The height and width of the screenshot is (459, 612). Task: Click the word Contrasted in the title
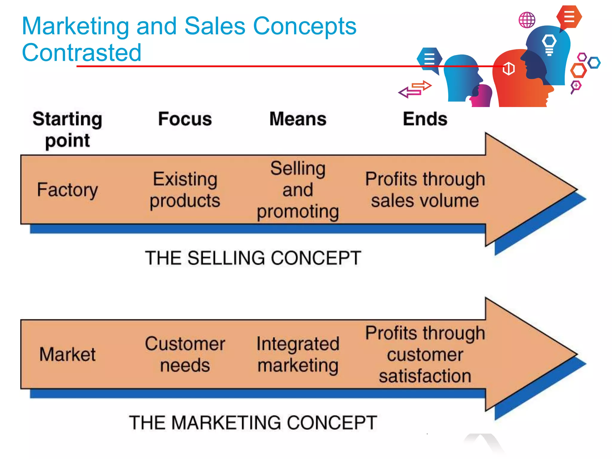coord(81,53)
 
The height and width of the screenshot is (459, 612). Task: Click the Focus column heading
coord(185,119)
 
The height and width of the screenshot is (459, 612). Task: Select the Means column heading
coord(298,119)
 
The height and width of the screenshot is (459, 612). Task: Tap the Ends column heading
coord(425,119)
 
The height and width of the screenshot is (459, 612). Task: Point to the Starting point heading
coord(68,129)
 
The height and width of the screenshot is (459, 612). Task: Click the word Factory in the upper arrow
coord(68,190)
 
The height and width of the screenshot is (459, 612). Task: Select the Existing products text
coord(185,190)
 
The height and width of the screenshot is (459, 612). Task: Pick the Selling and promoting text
coord(298,190)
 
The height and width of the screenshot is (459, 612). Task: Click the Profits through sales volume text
coord(425,190)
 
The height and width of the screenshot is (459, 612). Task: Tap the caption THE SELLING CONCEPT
coord(253,258)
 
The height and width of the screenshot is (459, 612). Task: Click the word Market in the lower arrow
coord(68,354)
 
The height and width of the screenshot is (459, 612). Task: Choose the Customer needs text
coord(185,354)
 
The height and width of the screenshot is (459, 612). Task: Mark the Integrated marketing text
coord(298,354)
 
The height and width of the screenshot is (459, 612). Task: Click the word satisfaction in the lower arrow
coord(425,376)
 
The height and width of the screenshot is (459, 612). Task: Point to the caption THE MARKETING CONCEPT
coord(253,423)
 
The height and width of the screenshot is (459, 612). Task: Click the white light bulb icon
coord(549,45)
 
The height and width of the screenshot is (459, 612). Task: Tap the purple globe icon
coord(527,20)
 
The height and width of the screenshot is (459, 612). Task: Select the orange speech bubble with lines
coord(569,17)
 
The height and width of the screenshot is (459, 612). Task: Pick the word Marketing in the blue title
coord(76,26)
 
